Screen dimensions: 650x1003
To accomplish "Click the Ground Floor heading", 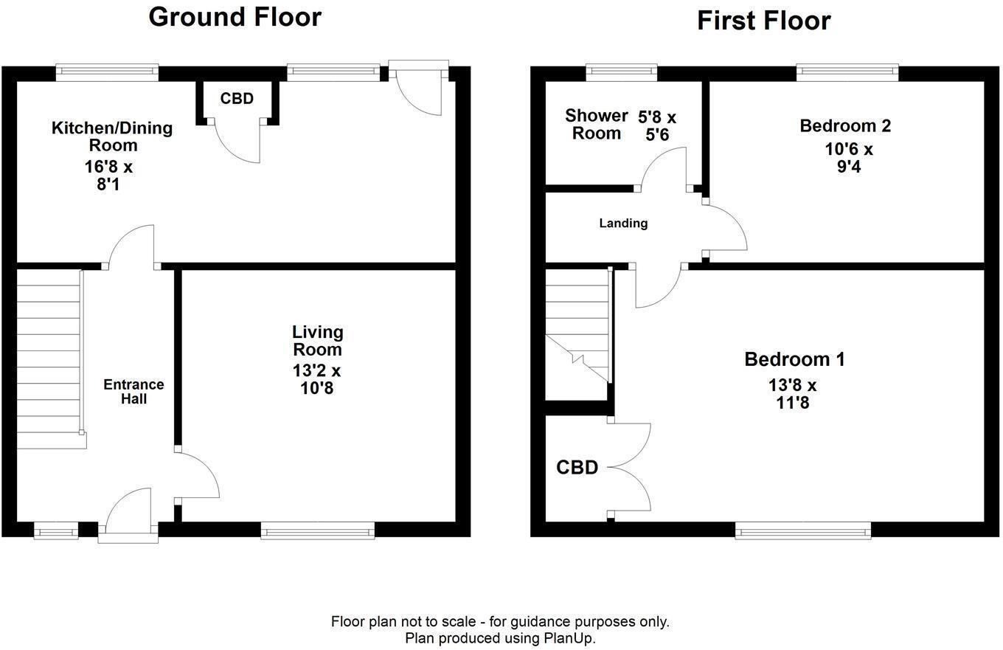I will point(235,16).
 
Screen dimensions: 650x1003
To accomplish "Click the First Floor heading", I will point(763,20).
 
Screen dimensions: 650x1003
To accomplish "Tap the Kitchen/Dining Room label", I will point(111,136).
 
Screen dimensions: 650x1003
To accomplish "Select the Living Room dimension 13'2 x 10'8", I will point(316,378).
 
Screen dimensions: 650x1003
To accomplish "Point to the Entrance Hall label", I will point(133,391).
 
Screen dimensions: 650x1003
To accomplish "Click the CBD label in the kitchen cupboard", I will point(237,99).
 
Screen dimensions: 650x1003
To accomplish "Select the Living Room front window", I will point(317,529).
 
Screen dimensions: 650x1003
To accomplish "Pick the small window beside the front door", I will point(56,529).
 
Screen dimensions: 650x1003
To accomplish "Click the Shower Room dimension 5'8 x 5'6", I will point(656,126).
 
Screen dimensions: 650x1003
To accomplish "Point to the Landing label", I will point(623,223).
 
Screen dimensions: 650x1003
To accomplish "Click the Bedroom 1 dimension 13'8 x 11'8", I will point(793,393).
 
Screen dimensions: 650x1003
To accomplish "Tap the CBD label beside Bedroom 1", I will point(577,467).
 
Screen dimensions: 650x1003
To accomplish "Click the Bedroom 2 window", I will point(847,72).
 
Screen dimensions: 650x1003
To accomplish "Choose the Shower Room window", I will point(621,72).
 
